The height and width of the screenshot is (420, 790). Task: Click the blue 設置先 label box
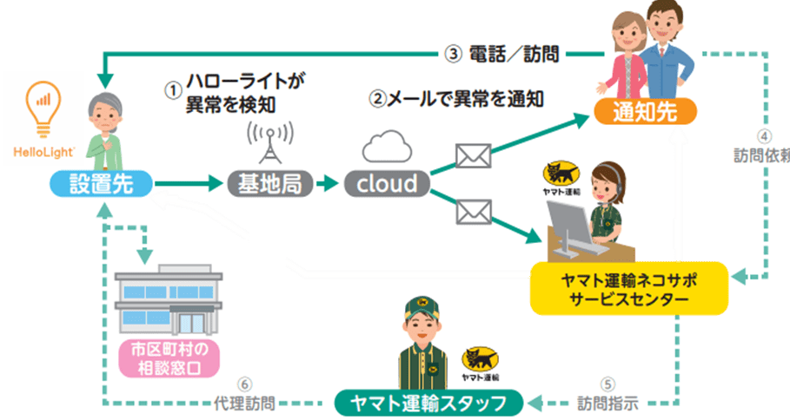[x=102, y=184]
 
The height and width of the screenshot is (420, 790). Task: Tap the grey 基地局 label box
[x=270, y=184]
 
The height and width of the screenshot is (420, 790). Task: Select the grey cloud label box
[x=387, y=184]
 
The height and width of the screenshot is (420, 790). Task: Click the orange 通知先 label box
[x=646, y=112]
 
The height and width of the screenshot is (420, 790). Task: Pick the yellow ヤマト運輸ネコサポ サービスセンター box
[x=629, y=289]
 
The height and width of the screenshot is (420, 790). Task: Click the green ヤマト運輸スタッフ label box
[x=428, y=403]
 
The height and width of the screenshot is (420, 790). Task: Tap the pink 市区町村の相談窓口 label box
[x=169, y=358]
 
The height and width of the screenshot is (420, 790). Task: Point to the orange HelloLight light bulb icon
[x=43, y=109]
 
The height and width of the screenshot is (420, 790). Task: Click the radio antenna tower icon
[x=270, y=142]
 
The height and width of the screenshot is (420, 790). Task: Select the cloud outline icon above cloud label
[x=387, y=146]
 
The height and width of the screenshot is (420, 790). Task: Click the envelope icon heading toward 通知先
[x=473, y=155]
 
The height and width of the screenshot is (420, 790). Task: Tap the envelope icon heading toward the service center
[x=474, y=212]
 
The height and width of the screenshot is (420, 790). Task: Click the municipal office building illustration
[x=169, y=299]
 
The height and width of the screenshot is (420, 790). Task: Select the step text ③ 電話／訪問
[x=501, y=54]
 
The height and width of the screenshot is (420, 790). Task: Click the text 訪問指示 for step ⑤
[x=607, y=403]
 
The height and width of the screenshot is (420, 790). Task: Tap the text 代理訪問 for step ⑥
[x=245, y=403]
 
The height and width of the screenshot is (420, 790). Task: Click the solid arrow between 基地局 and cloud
[x=328, y=184]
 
